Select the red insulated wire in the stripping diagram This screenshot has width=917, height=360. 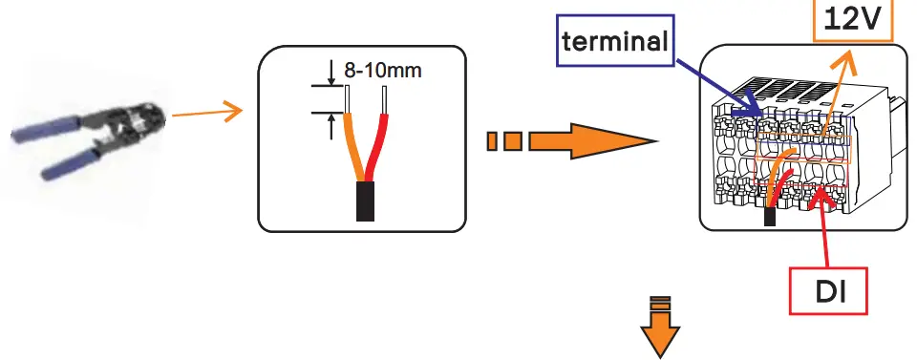[x=379, y=148]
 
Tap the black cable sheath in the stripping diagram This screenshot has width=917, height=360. [x=366, y=201]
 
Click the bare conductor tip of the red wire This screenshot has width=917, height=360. [x=384, y=98]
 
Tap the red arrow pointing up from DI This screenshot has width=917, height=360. [x=824, y=229]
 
